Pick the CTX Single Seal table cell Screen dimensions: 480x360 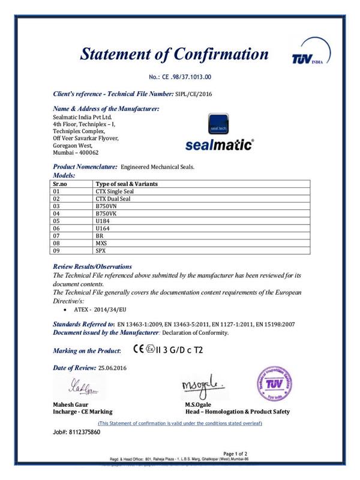[x=113, y=190]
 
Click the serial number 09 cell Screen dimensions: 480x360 [x=58, y=251]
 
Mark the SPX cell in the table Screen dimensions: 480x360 [x=101, y=251]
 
